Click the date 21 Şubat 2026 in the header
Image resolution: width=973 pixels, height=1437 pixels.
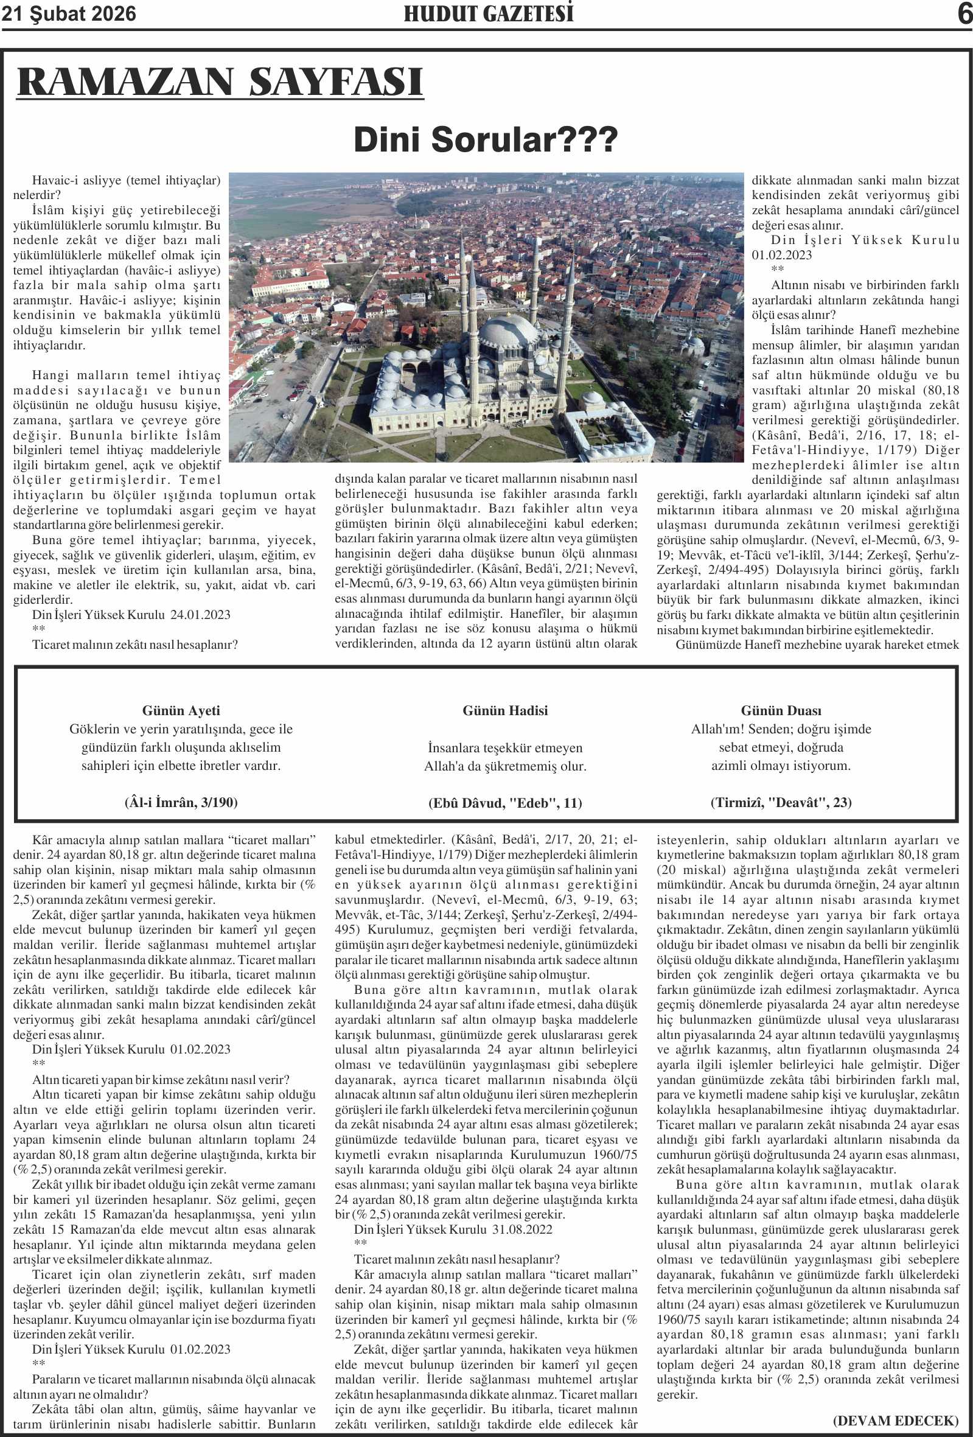[x=69, y=13]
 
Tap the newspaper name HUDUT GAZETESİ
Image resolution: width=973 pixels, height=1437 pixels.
[x=489, y=13]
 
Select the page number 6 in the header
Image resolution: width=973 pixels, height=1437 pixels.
[x=964, y=13]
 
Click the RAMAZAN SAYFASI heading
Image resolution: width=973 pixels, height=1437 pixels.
[x=220, y=82]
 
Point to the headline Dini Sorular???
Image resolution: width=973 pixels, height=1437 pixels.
[x=485, y=139]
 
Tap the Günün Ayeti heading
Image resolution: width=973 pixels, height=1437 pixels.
[x=181, y=710]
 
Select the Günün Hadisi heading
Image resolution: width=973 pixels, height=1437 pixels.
[x=505, y=710]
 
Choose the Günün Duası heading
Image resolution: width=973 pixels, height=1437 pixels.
[x=781, y=710]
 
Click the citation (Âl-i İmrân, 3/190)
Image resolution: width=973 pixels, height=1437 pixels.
[x=181, y=802]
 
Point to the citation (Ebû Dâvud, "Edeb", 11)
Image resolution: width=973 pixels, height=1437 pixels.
[x=505, y=803]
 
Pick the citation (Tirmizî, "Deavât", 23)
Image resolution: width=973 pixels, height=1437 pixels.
[x=781, y=802]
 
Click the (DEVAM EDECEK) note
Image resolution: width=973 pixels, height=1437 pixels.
[x=896, y=1421]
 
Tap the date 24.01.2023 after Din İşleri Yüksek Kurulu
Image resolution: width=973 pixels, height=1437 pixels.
[x=200, y=615]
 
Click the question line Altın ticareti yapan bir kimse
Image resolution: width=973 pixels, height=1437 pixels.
[x=161, y=1080]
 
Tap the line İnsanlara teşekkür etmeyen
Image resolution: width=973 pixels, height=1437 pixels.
[x=505, y=747]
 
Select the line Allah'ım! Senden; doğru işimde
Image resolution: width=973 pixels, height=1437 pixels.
[x=781, y=729]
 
